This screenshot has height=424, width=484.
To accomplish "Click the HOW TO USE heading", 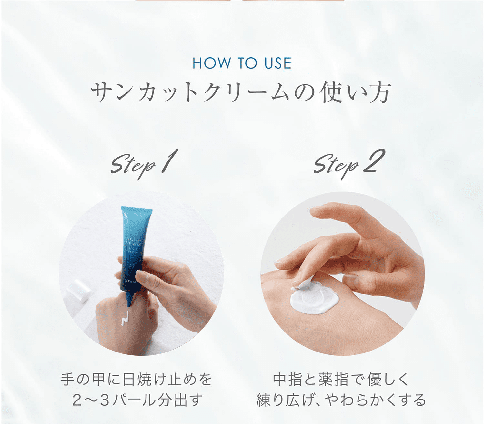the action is pyautogui.click(x=242, y=63).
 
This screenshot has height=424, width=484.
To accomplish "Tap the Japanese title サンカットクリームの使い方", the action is pyautogui.click(x=241, y=93).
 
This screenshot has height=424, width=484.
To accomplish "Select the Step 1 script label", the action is pyautogui.click(x=144, y=164).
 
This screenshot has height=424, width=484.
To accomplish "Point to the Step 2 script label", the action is pyautogui.click(x=349, y=164).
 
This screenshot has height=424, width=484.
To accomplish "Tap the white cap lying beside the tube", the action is pyautogui.click(x=78, y=291).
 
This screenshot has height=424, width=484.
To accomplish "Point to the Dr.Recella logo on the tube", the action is pyautogui.click(x=130, y=281).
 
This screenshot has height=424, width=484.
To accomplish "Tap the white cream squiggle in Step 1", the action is pyautogui.click(x=125, y=318).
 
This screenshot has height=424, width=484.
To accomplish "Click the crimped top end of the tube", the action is pyautogui.click(x=136, y=210).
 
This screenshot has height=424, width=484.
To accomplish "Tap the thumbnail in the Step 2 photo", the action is pyautogui.click(x=351, y=281).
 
